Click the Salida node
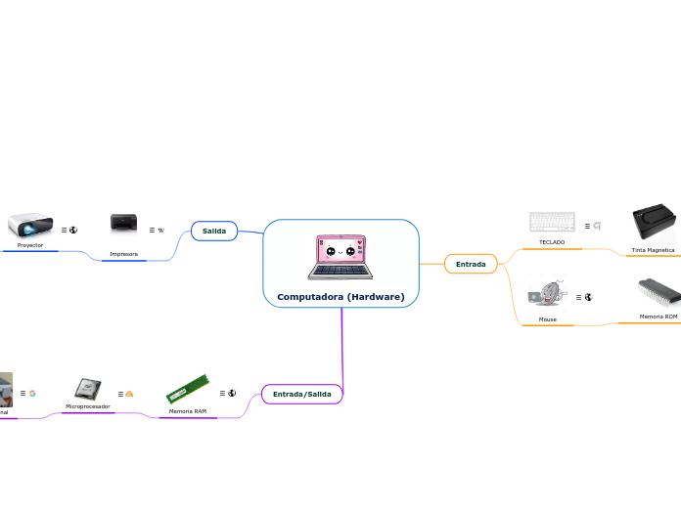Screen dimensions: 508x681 [214, 231]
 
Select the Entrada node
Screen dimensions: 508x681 [471, 264]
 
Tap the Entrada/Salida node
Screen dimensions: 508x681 [301, 394]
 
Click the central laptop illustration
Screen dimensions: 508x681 [340, 257]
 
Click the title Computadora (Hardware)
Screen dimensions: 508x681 [340, 296]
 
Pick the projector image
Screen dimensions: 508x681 [29, 226]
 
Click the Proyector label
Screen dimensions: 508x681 [30, 245]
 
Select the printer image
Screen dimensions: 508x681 [124, 225]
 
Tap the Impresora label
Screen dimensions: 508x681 [123, 254]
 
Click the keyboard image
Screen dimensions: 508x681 [552, 222]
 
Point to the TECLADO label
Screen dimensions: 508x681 [552, 242]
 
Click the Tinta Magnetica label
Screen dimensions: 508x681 [653, 250]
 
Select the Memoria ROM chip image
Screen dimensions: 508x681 [658, 293]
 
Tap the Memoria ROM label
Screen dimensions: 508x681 [658, 317]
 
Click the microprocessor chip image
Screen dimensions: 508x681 [88, 389]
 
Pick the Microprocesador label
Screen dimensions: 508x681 [88, 405]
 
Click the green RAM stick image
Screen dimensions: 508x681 [187, 388]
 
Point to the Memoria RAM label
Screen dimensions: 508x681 [187, 411]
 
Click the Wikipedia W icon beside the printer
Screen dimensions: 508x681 [160, 231]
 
